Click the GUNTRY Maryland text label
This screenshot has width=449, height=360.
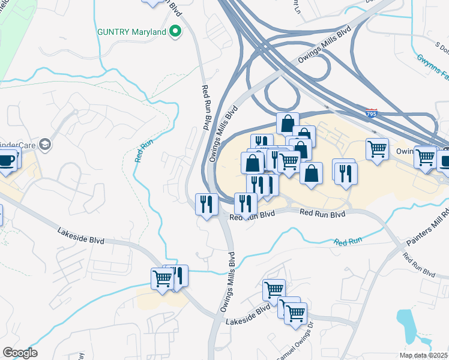click(131, 31)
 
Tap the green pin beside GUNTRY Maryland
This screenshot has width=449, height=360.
click(175, 31)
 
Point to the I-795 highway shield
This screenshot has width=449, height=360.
click(372, 112)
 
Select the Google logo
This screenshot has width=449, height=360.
click(20, 353)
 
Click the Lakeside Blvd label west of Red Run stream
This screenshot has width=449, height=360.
click(81, 235)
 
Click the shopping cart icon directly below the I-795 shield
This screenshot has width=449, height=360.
click(377, 148)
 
